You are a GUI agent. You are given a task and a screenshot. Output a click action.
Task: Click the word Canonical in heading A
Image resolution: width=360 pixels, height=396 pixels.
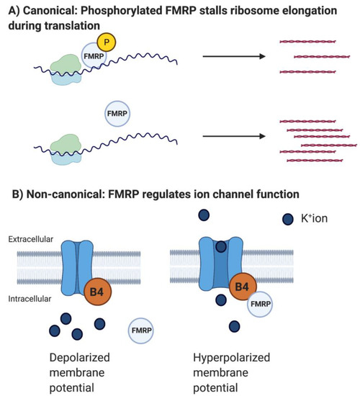pos(50,9)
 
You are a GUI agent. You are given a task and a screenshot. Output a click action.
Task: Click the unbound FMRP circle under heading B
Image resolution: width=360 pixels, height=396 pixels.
pos(143,330)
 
